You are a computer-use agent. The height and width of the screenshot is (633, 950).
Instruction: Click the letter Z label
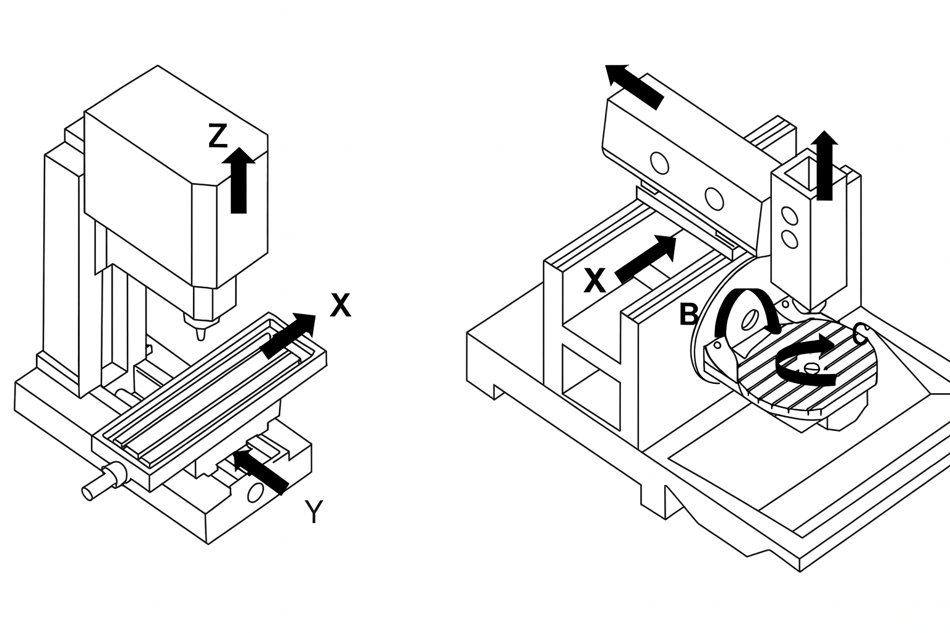[218, 136]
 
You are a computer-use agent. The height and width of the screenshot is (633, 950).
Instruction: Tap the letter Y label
[314, 512]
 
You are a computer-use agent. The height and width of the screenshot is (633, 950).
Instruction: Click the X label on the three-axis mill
[340, 305]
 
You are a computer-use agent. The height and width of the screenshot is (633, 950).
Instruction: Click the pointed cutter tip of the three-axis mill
[200, 334]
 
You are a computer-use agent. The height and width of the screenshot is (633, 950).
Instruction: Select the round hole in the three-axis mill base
[255, 492]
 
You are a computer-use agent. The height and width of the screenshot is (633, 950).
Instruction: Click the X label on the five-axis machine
[594, 282]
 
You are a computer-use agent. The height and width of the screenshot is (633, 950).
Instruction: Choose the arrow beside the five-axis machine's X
[647, 258]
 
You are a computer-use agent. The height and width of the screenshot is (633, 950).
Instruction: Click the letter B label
[688, 315]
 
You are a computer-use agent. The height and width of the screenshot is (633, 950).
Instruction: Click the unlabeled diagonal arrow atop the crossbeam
[634, 87]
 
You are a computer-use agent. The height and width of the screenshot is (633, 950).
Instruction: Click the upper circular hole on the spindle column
[789, 216]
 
